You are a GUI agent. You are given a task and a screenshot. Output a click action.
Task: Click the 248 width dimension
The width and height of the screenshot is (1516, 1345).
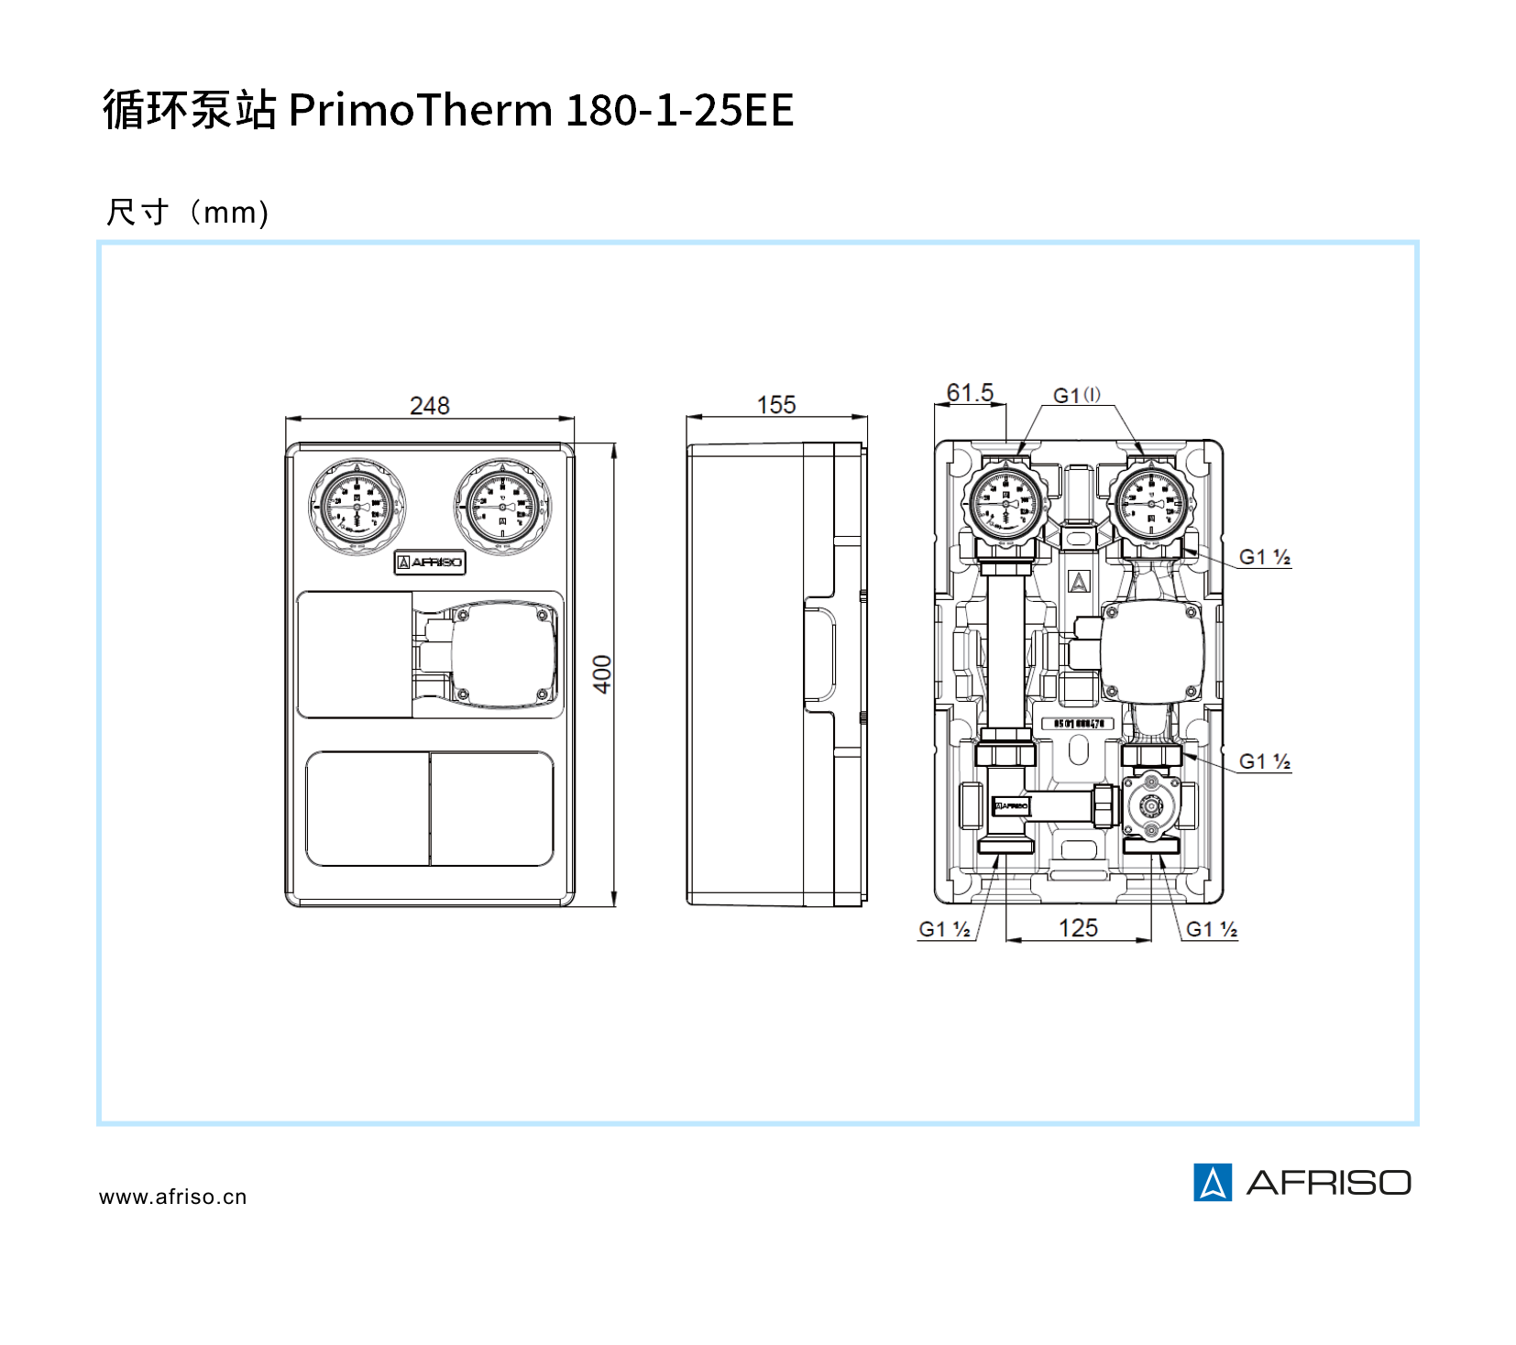coord(429,406)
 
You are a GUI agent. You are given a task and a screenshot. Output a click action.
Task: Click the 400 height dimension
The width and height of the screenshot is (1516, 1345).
coord(602,673)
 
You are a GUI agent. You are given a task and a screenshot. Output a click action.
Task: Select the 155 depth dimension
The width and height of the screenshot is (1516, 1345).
coord(776,405)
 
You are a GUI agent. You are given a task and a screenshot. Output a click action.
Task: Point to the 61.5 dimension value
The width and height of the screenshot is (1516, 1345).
coord(970,393)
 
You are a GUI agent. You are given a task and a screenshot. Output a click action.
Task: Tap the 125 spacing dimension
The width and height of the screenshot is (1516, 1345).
coord(1078,928)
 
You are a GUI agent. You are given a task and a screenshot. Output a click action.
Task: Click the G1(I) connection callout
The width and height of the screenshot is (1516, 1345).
coord(1077,396)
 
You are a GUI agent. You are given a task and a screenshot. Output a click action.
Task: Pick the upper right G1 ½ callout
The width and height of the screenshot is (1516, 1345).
coord(1265,557)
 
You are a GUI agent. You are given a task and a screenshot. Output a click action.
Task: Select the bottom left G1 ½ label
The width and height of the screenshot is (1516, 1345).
coord(944,929)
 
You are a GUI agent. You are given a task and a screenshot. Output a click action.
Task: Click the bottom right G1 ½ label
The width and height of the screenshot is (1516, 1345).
coord(1212,929)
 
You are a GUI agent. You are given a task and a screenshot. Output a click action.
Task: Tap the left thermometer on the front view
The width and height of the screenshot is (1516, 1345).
coord(357,507)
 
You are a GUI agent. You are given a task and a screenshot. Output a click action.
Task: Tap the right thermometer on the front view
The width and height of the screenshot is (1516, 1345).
coord(502,507)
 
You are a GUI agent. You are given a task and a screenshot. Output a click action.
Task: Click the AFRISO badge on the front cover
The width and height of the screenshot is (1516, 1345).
coord(430,562)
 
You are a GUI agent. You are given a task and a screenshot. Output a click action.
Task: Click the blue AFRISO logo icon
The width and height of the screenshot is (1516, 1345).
coord(1213,1182)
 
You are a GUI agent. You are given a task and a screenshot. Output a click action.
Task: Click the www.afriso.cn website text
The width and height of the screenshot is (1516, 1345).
coord(173,1197)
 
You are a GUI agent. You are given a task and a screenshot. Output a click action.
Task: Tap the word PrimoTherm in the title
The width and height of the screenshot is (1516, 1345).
coord(420,110)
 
